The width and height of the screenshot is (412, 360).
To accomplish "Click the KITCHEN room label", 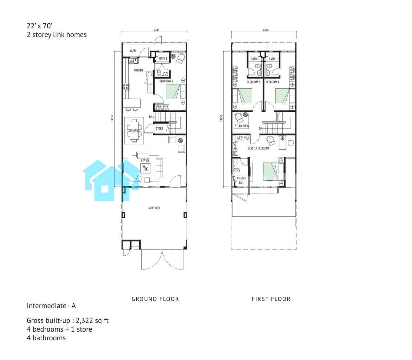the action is (138, 70).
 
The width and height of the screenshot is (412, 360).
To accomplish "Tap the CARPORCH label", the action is (154, 208).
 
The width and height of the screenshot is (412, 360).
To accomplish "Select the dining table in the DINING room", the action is (134, 131).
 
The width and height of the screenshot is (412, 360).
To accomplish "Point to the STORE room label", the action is (159, 129).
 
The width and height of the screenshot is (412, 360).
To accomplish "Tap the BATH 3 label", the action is (163, 59).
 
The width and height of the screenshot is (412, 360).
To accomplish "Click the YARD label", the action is (133, 51).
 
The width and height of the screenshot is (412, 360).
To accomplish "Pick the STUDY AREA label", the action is (242, 126).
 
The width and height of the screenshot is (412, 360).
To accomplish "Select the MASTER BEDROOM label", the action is (259, 148).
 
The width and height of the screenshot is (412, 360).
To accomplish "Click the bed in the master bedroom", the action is (274, 172).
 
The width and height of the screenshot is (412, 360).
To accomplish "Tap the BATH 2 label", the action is (255, 59).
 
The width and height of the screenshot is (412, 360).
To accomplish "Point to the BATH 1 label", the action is (272, 59).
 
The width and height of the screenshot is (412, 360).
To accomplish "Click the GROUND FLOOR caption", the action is (155, 299).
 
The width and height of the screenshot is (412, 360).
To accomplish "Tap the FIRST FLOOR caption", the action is (271, 299).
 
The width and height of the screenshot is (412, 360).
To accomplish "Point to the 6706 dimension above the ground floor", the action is (156, 30).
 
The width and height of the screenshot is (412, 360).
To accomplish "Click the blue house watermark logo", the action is (112, 180).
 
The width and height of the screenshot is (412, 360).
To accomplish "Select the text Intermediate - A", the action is (51, 306).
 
